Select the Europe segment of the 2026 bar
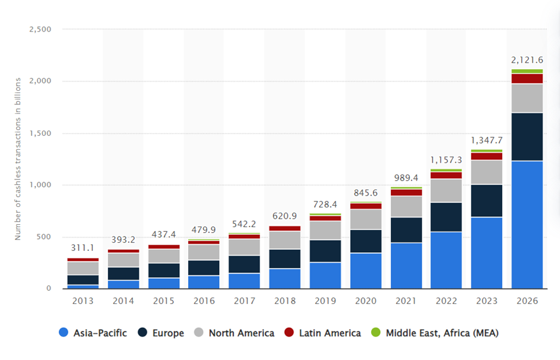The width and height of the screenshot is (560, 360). tap(527, 136)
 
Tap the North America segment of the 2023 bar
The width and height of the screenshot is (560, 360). tap(487, 172)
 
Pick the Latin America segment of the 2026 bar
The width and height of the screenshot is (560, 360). tap(527, 79)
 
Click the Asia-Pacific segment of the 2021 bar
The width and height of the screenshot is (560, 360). tap(406, 265)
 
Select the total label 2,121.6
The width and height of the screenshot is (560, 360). tap(527, 60)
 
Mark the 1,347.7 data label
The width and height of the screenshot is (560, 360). tap(487, 141)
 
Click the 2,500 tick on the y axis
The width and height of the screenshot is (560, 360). tap(40, 29)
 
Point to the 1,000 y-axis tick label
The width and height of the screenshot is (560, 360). tap(40, 185)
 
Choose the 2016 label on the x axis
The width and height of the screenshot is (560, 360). tap(204, 301)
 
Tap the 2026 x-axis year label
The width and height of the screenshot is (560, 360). tap(527, 301)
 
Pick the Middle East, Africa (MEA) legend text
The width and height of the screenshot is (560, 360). tap(442, 333)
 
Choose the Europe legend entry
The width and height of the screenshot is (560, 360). tap(161, 333)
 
